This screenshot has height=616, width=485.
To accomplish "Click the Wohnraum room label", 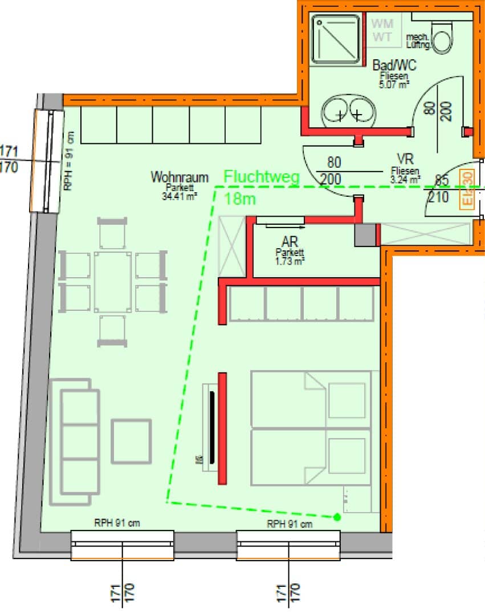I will pos(180,177).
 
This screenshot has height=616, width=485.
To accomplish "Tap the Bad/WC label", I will pos(390,66).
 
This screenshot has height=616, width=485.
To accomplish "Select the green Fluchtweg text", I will pos(262,177).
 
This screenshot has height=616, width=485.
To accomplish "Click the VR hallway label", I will pos(405,159).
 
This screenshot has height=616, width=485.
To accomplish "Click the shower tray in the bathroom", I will pos(336,39).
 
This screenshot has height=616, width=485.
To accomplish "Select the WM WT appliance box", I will pos(382,30).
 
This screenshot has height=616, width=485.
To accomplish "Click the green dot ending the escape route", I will pos(337,517).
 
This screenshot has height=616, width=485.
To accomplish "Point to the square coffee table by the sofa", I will pos(132,441).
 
